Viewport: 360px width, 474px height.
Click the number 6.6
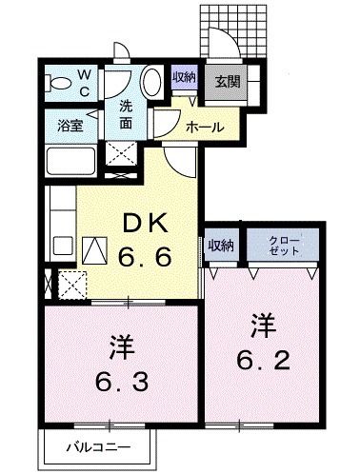point(145,257)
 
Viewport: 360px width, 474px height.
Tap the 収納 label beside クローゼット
point(221,246)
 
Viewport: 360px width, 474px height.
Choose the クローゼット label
point(284,245)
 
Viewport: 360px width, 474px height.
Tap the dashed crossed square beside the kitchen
point(71,285)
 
